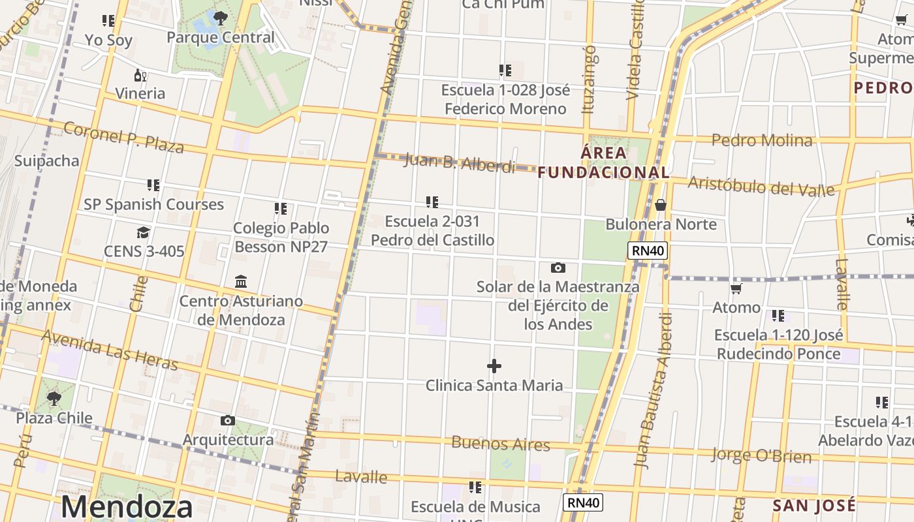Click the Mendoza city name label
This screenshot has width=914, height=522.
tap(127, 508)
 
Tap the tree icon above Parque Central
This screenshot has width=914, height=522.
tap(220, 18)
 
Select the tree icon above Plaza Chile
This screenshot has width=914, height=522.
tap(54, 398)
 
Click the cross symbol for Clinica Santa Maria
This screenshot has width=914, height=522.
tap(494, 366)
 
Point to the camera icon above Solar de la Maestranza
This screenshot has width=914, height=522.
tap(558, 268)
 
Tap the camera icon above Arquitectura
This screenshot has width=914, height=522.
tap(227, 420)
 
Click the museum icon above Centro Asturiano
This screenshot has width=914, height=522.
tap(241, 281)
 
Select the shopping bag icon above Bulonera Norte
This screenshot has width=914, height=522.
tap(661, 205)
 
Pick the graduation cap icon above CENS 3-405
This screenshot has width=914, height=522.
tap(143, 232)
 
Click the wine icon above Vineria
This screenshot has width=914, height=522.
tap(140, 75)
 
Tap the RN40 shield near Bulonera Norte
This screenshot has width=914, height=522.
tap(647, 251)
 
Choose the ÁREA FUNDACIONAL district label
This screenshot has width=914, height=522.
tap(604, 162)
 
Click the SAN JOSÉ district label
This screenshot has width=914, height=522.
tap(813, 506)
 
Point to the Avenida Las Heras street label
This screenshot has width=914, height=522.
tap(110, 350)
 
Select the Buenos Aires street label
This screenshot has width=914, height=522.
tap(501, 444)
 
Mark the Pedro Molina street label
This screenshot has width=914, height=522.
tap(762, 140)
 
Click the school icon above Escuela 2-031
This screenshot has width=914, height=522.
tap(432, 202)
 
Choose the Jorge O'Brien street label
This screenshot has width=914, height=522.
tap(761, 455)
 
